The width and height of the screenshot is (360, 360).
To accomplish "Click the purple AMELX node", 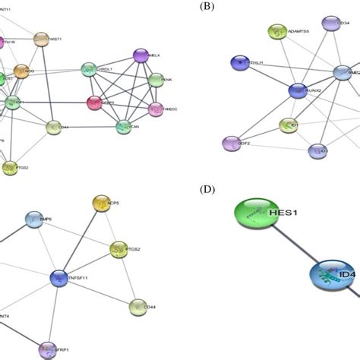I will (x=141, y=55).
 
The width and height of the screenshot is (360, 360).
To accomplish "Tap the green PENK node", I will (x=156, y=79).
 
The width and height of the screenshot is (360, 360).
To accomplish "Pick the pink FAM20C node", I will (x=156, y=109).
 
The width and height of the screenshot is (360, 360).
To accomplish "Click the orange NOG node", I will (x=21, y=72).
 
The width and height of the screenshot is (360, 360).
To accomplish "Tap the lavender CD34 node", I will (x=329, y=24).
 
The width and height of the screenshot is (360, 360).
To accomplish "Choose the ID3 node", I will (x=317, y=150).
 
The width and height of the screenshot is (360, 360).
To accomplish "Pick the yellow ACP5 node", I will (x=101, y=203).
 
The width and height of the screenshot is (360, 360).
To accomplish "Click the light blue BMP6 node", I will (x=34, y=220).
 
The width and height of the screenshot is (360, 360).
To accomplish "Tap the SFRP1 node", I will (x=49, y=349).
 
